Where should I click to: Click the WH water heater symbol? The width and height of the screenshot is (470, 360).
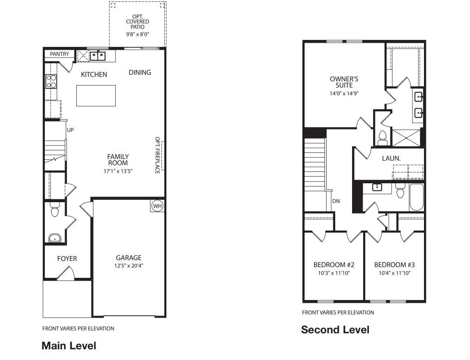(x=157, y=205)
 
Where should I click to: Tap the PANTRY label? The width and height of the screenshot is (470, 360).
(x=60, y=54)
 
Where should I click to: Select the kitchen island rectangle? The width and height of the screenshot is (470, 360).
(x=96, y=95)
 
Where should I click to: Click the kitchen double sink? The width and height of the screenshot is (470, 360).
(x=98, y=55)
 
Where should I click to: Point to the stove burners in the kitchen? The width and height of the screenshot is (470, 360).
(x=51, y=81)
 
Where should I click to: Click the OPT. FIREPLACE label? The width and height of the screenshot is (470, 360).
(x=157, y=155)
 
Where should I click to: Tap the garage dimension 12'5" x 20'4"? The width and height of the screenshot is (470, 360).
(x=129, y=265)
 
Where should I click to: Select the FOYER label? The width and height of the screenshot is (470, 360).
(x=67, y=258)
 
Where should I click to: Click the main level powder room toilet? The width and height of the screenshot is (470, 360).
(x=55, y=211)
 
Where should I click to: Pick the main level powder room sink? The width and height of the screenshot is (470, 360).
(x=55, y=238)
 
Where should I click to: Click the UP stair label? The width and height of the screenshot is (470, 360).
(x=70, y=130)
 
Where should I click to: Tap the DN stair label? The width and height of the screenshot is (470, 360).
(x=336, y=201)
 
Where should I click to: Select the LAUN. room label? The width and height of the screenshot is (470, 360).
(x=391, y=158)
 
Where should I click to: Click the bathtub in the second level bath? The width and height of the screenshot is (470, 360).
(x=416, y=197)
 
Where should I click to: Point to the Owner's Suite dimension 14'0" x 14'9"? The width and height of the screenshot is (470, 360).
(x=344, y=93)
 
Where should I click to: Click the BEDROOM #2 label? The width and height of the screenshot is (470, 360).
(x=334, y=265)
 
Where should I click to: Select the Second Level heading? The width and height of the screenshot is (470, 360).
(x=335, y=330)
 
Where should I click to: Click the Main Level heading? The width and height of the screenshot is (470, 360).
(x=69, y=346)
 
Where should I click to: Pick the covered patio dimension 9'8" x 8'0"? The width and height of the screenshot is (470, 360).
(x=138, y=35)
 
